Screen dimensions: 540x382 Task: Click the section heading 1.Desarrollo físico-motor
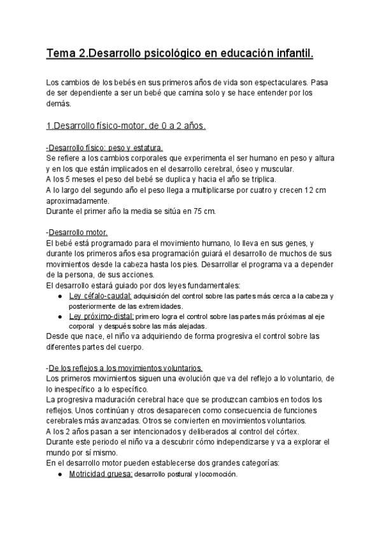(126, 126)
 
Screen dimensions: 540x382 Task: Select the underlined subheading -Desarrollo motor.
(77, 232)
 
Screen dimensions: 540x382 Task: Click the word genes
(294, 243)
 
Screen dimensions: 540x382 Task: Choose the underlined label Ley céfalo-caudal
(99, 297)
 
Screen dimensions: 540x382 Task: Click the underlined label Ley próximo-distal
(101, 316)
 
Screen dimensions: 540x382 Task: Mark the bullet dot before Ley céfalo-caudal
(59, 297)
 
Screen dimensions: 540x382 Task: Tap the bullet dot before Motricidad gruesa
(59, 475)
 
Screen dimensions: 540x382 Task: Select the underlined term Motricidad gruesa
(101, 475)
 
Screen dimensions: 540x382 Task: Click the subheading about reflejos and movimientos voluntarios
(125, 368)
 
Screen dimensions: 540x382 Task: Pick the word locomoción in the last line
(215, 475)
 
